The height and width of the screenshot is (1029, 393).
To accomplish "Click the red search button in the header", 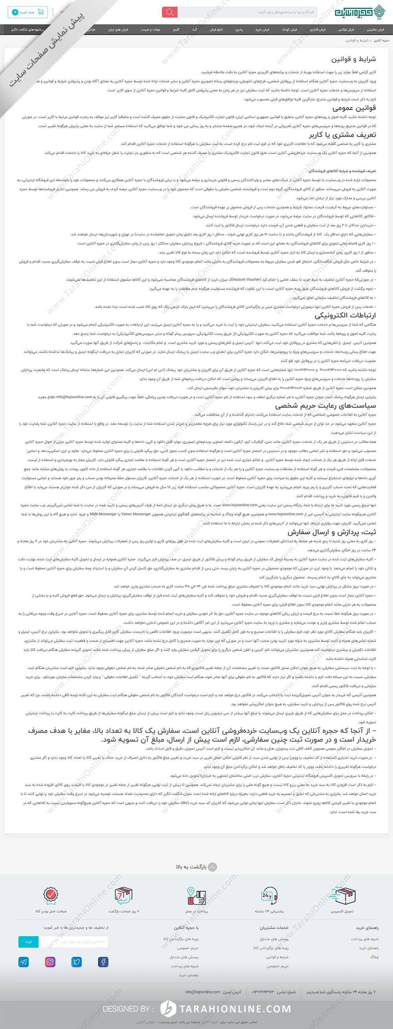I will click(170, 12).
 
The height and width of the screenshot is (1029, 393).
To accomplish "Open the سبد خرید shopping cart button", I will click(27, 12).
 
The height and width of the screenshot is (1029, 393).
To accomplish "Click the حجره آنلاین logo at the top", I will click(359, 12).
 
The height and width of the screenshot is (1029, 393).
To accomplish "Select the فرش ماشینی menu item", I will click(375, 29).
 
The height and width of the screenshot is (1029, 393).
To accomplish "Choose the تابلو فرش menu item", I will click(216, 29).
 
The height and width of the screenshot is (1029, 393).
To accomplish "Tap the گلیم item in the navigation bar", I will click(176, 29).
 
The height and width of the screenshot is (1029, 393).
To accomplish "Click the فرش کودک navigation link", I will click(289, 29).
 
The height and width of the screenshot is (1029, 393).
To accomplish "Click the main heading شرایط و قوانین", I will click(353, 59).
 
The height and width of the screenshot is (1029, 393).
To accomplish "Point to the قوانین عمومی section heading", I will click(354, 108).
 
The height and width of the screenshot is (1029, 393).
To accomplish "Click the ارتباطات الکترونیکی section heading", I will click(345, 315).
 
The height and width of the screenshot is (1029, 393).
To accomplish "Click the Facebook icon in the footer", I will click(103, 962).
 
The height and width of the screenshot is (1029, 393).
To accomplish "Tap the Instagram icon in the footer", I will click(50, 962).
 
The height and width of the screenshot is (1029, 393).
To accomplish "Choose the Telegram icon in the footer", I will click(24, 962).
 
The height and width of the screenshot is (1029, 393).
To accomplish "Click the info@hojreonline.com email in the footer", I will click(202, 992).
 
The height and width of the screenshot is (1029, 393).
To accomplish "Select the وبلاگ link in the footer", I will click(374, 957).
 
